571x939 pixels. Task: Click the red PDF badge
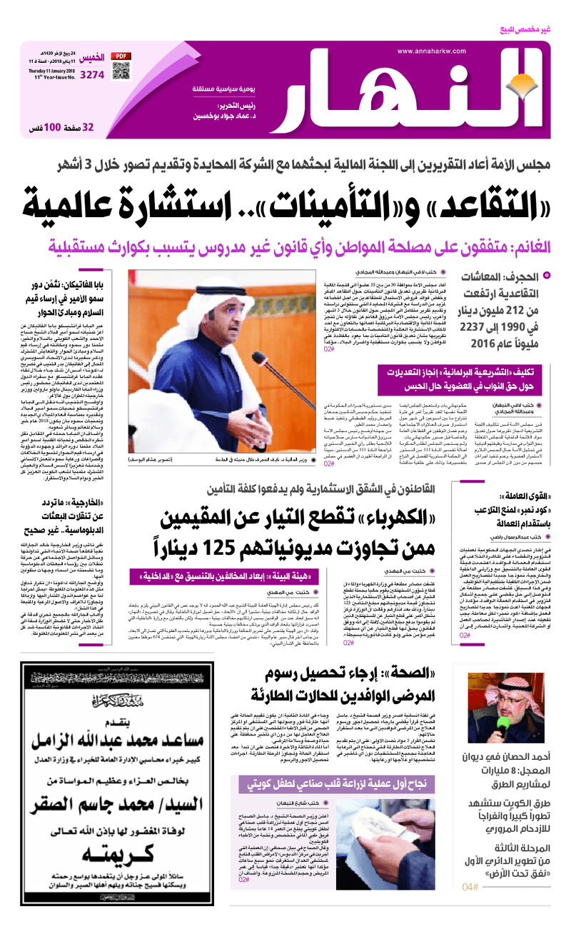123,56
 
